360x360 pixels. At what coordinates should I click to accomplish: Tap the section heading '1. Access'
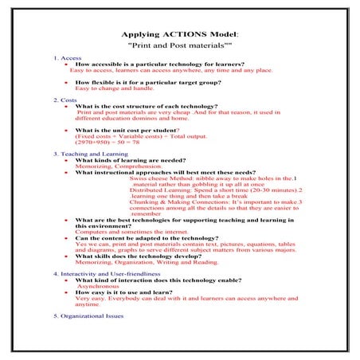(68, 58)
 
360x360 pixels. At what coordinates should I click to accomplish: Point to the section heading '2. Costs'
(65, 100)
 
